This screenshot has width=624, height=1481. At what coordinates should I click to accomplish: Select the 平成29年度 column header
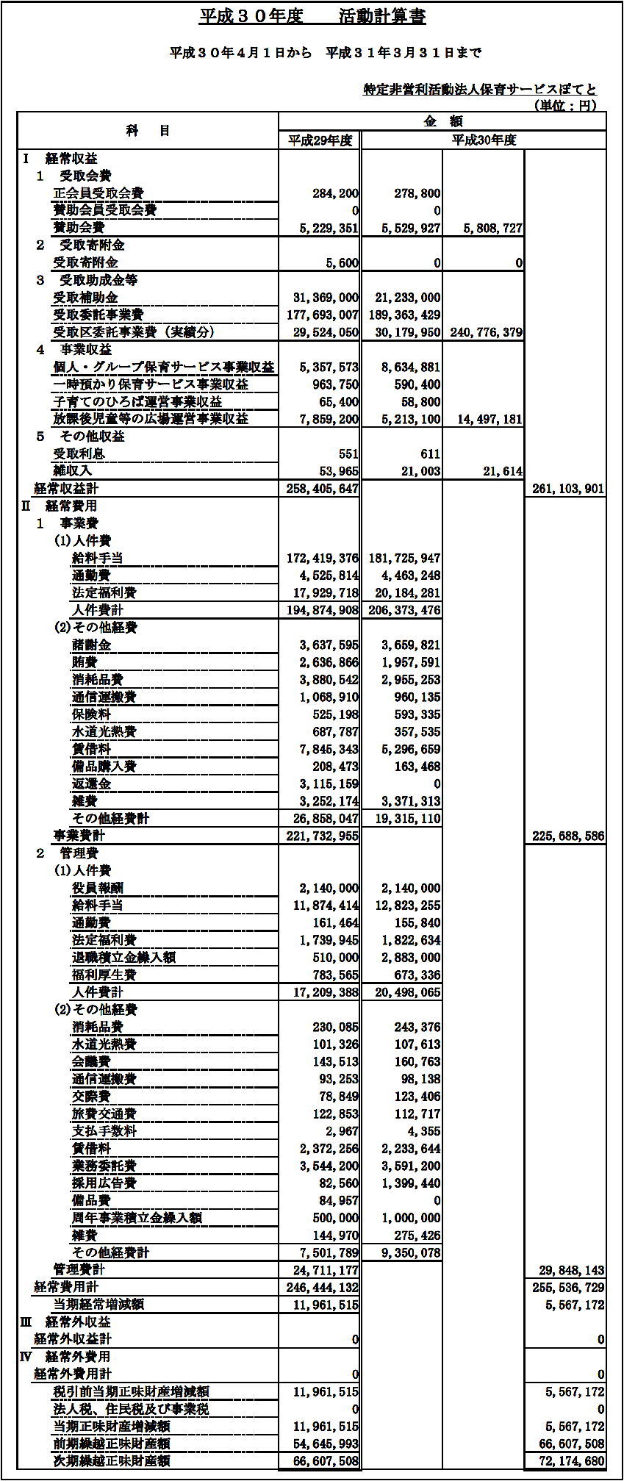pyautogui.click(x=320, y=140)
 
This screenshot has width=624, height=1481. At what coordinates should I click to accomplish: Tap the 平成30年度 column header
pyautogui.click(x=484, y=140)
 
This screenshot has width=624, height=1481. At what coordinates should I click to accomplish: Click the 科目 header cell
pyautogui.click(x=148, y=131)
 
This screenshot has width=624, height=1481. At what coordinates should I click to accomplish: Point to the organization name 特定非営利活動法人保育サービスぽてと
pyautogui.click(x=480, y=89)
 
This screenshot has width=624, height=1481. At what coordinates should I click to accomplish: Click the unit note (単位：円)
pyautogui.click(x=564, y=105)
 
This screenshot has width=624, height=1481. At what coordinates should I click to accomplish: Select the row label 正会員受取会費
pyautogui.click(x=98, y=193)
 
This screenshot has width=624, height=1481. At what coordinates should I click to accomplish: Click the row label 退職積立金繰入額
pyautogui.click(x=123, y=957)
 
